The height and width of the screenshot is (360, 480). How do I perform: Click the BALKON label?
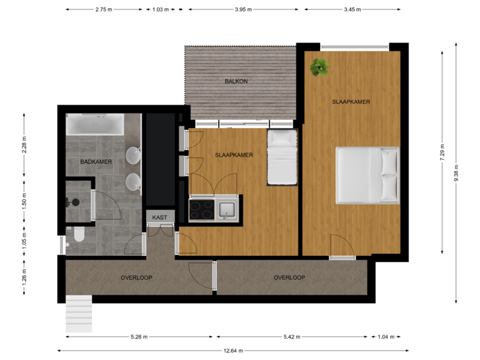(237, 81)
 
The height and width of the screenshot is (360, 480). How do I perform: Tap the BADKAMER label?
(95, 161)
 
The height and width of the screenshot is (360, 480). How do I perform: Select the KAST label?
(160, 217)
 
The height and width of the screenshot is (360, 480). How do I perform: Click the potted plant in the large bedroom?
(319, 66)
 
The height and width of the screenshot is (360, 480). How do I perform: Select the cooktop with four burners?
(201, 209)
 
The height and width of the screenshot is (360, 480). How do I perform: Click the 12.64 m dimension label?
(233, 350)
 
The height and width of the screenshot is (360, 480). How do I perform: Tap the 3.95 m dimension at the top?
(245, 9)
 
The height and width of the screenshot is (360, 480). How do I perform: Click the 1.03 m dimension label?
(160, 9)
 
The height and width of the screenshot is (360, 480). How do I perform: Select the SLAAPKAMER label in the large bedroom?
(351, 102)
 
